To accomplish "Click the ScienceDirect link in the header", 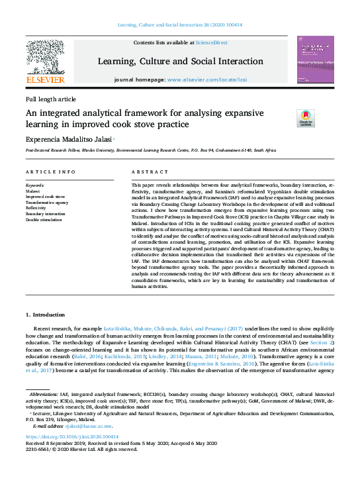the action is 211,42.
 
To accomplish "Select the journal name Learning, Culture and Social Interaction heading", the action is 180,62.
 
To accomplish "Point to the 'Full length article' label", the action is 50,99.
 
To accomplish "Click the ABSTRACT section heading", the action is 146,172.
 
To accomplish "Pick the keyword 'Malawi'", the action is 33,191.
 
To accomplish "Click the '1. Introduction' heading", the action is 45,315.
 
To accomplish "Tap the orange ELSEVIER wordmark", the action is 44,80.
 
